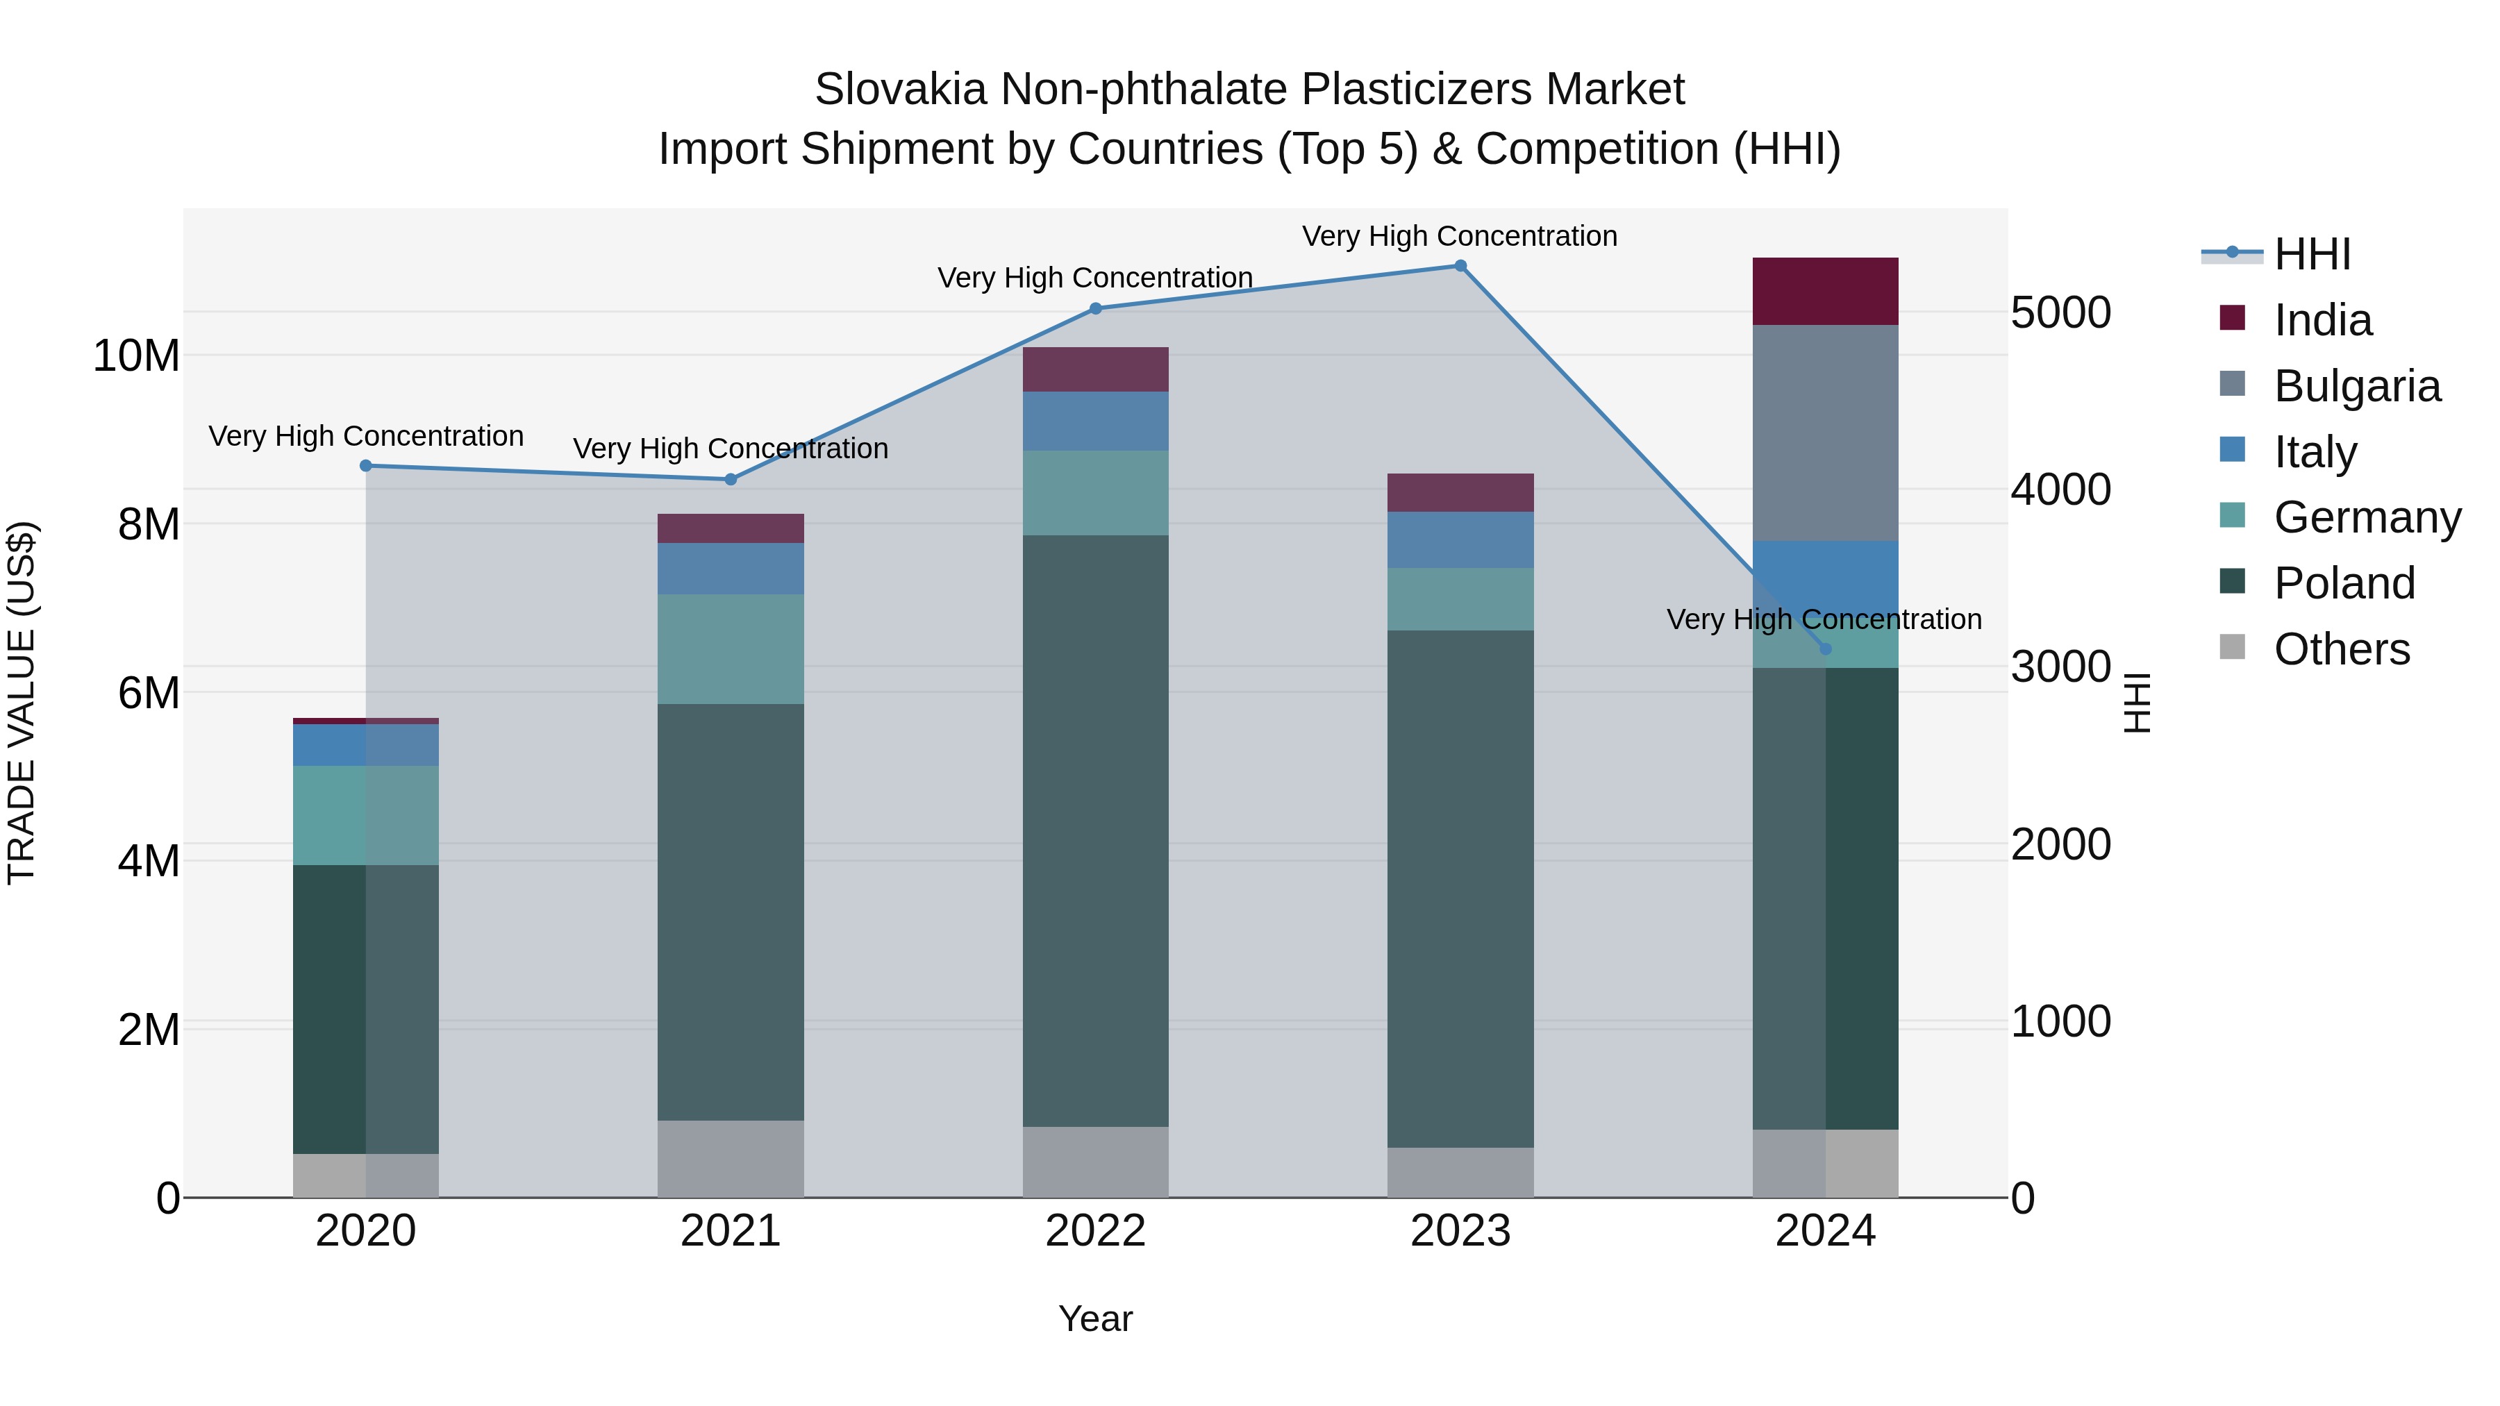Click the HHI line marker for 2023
click(x=1460, y=266)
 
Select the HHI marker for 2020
click(x=366, y=466)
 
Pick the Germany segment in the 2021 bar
click(x=731, y=649)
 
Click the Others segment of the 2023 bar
click(x=1460, y=1172)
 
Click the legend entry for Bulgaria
click(x=2356, y=386)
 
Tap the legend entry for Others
click(x=2341, y=649)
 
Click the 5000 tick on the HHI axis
click(x=2060, y=312)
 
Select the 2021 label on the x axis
click(x=731, y=1231)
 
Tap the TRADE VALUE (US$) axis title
click(x=22, y=703)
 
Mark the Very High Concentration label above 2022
click(x=1094, y=278)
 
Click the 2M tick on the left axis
click(x=149, y=1030)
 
